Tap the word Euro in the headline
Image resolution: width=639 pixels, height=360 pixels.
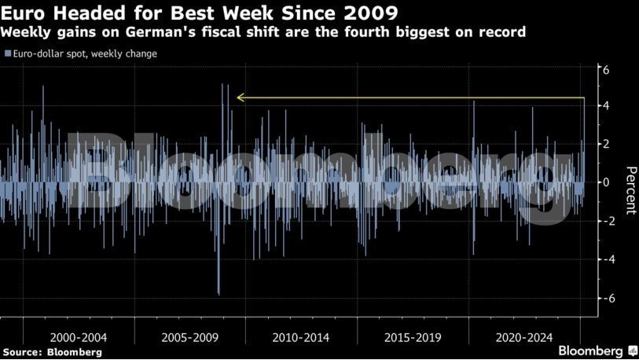point(23,13)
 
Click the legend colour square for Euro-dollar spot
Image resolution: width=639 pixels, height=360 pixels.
point(7,54)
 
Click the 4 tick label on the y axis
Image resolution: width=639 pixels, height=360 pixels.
point(606,106)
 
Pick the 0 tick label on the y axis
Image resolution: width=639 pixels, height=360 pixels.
point(606,182)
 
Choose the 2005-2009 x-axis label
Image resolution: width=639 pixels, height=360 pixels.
point(189,337)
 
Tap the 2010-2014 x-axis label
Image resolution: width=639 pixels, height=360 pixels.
point(301,337)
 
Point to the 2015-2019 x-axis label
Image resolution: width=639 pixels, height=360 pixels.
point(413,337)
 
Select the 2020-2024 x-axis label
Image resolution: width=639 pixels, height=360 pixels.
point(524,337)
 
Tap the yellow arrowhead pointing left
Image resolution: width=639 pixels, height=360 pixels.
point(241,98)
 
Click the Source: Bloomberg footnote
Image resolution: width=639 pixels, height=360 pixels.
point(52,352)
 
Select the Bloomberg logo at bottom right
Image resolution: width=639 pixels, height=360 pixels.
point(597,351)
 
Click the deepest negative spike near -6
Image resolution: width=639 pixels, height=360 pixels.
point(219,293)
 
